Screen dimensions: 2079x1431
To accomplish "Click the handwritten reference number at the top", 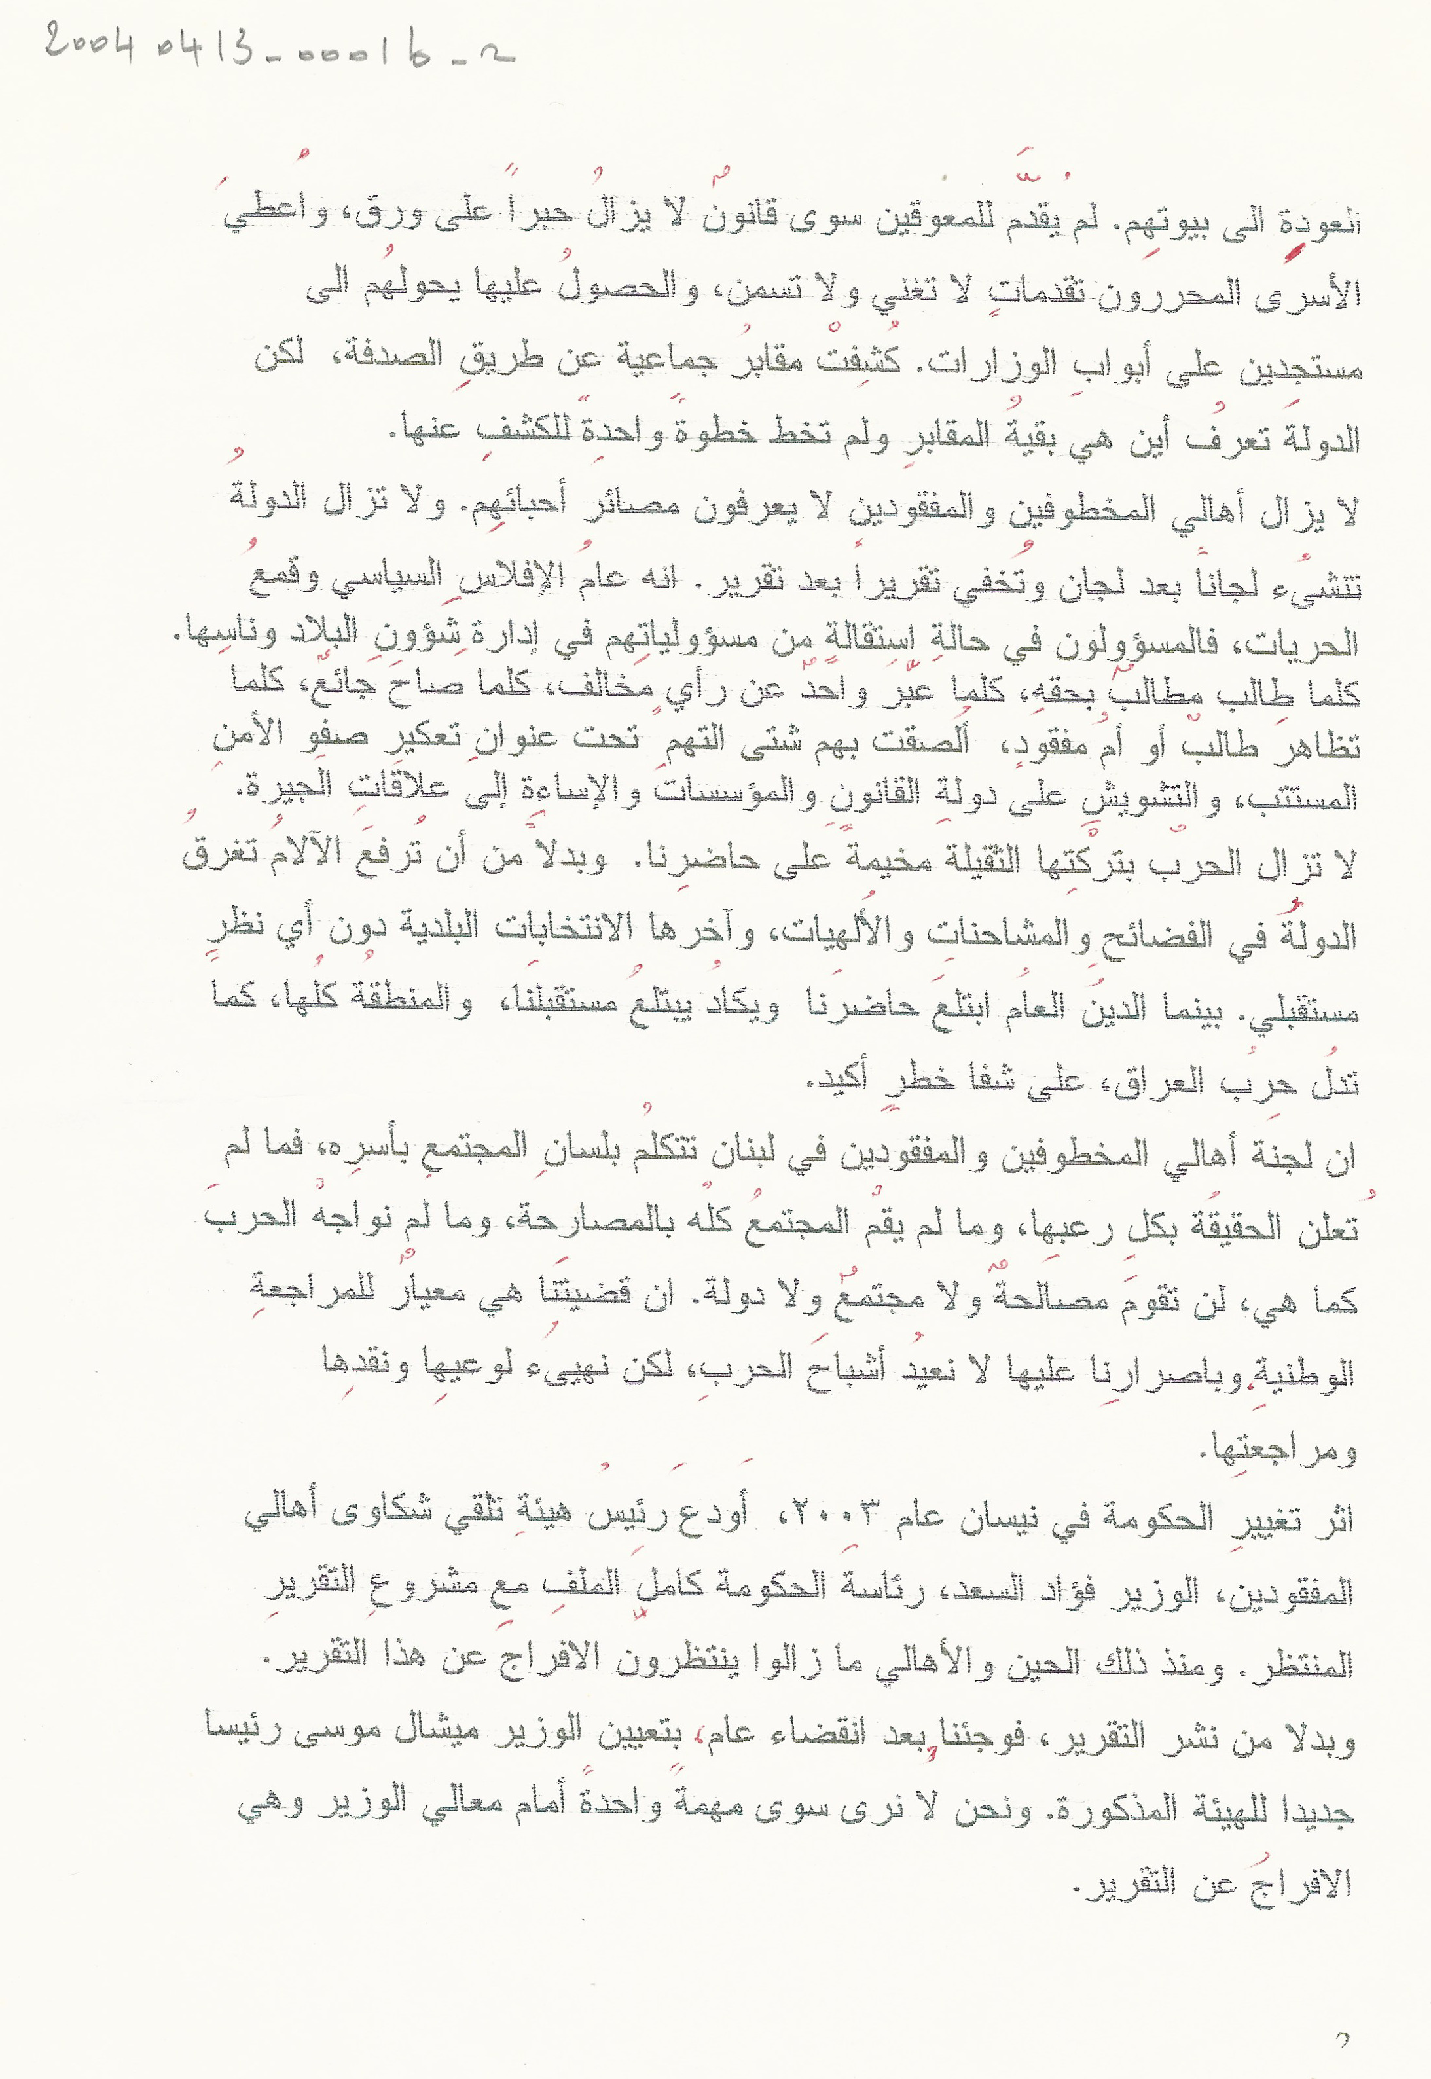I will coord(278,45).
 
